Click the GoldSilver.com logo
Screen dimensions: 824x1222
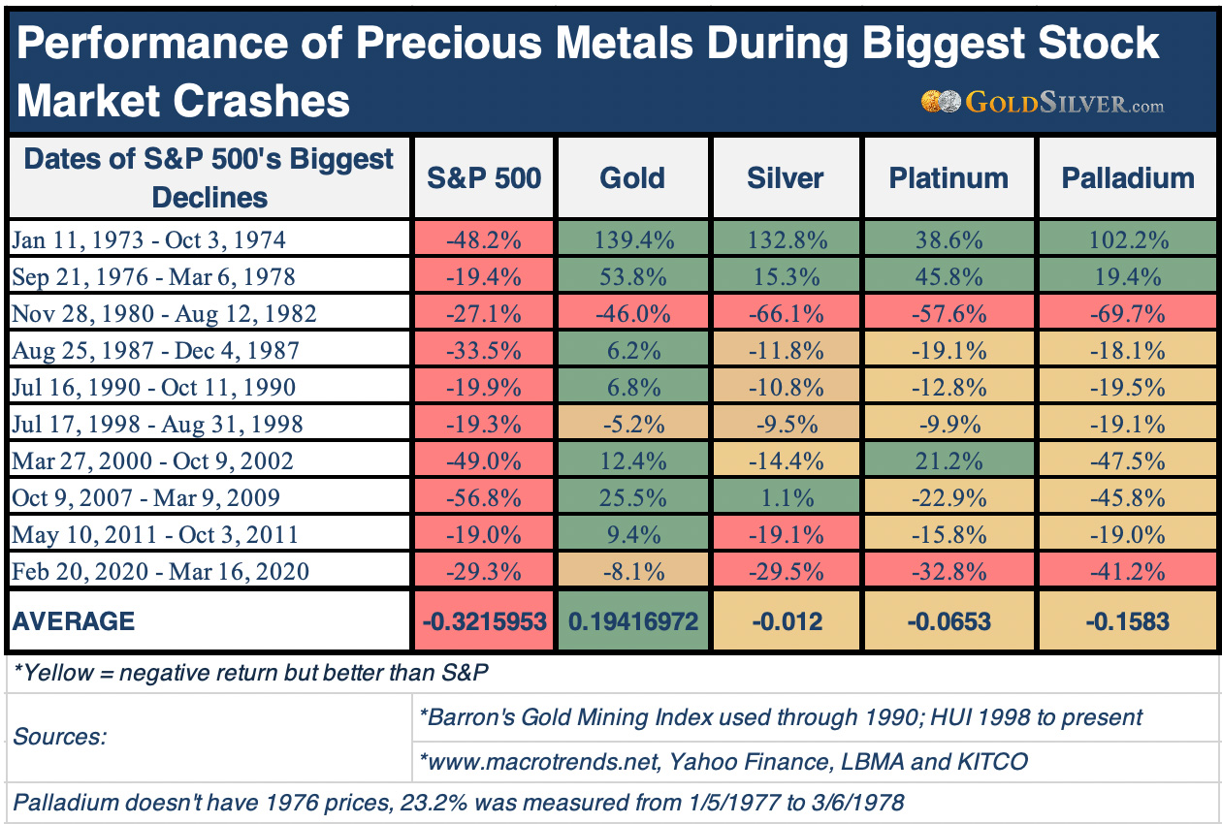(1043, 102)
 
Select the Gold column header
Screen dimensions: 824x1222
(632, 178)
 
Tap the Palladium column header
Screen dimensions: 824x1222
(1127, 178)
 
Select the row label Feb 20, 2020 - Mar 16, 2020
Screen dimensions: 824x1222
(161, 571)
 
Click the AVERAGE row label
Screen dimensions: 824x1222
(75, 620)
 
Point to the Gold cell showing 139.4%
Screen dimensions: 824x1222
(632, 239)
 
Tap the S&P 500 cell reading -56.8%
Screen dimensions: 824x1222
(484, 497)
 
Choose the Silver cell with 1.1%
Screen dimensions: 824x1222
(786, 497)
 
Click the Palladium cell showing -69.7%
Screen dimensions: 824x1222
(1127, 313)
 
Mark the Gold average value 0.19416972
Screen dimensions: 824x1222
(632, 620)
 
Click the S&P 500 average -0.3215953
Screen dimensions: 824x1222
(484, 620)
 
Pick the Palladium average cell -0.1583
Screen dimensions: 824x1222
(1127, 620)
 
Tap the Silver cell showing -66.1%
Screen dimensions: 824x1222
(786, 313)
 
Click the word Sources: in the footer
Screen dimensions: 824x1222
(59, 737)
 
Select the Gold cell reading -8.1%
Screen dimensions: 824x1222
(632, 571)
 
